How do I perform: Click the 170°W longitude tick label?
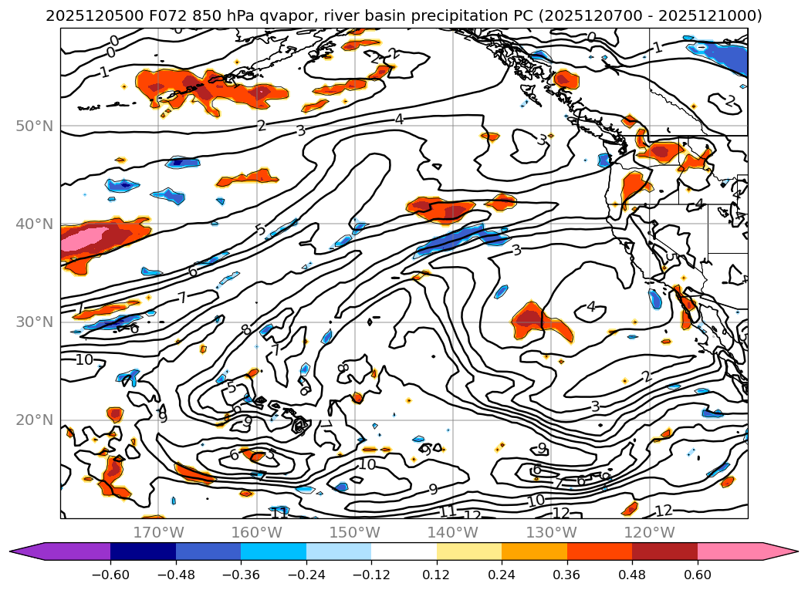(158, 532)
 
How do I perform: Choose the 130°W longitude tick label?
(550, 532)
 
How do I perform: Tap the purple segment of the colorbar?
(69, 551)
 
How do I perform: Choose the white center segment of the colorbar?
(404, 551)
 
